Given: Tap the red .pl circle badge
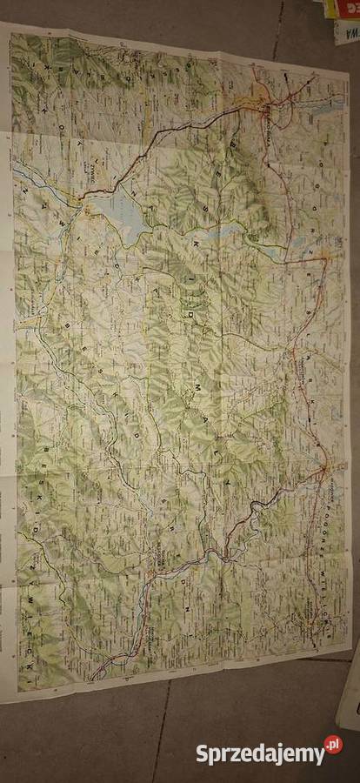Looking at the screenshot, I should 333,745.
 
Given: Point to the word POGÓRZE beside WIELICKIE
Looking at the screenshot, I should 333,513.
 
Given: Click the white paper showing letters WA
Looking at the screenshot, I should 346,33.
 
